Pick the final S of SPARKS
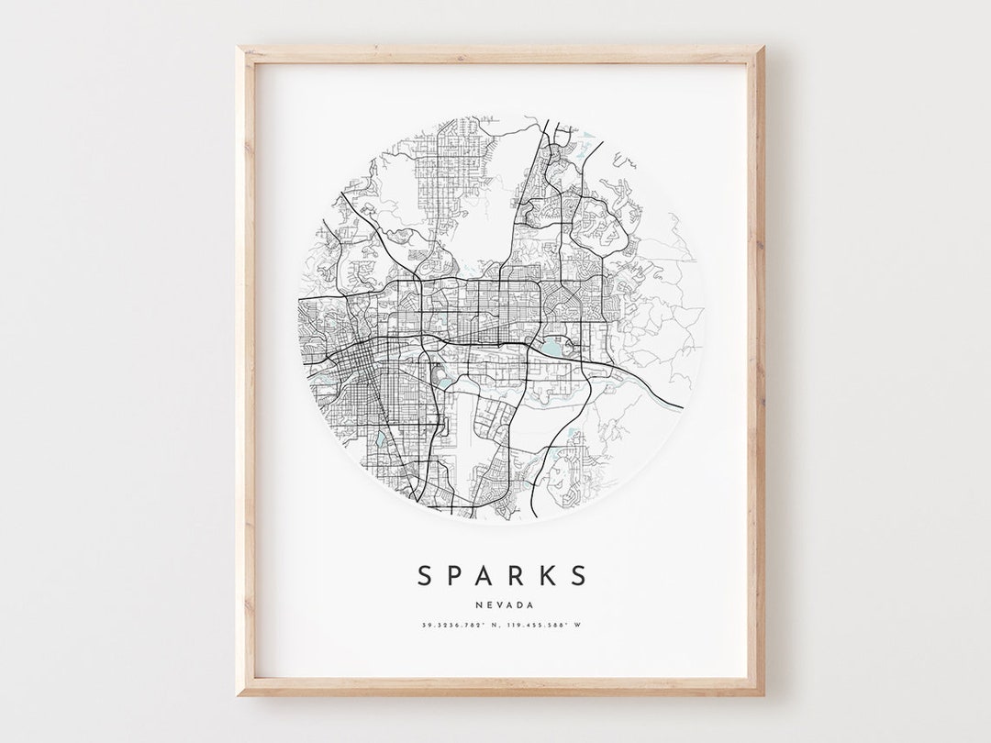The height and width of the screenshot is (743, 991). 578,576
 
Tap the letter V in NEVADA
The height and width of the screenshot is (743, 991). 498,604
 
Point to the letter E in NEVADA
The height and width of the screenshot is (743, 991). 489,604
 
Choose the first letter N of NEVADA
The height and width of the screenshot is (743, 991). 479,604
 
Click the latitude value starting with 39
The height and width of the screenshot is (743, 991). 450,626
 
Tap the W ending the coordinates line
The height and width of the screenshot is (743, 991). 579,626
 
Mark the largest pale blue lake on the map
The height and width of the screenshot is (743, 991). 554,348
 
